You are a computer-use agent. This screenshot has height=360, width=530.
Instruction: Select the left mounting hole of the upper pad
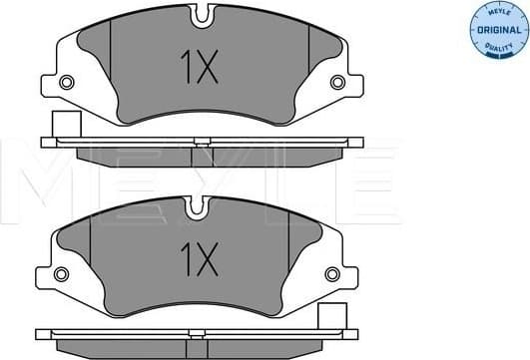(68, 83)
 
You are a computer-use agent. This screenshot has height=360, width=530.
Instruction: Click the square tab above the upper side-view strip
(66, 126)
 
